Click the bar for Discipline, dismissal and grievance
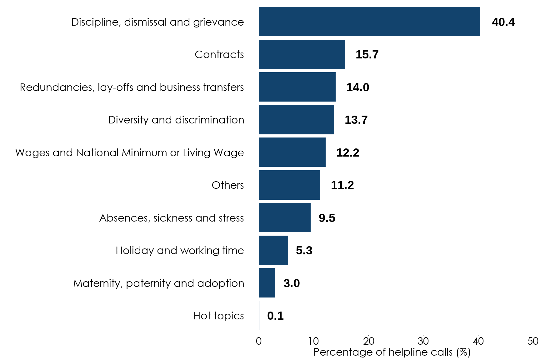point(369,22)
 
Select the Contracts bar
point(302,54)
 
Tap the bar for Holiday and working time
point(273,250)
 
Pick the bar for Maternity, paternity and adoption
point(267,283)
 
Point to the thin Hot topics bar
point(259,316)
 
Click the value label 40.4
point(503,22)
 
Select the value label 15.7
point(367,55)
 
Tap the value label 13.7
point(356,120)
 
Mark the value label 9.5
point(327,218)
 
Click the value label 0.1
point(275,316)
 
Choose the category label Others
point(227,185)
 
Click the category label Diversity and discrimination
point(176,120)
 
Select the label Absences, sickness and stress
point(171,218)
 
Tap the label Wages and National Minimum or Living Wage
point(129,152)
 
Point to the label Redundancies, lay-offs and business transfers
point(132,87)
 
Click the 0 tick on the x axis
point(259,341)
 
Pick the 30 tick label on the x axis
point(423,341)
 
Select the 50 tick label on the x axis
point(533,341)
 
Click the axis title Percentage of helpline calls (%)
point(392,352)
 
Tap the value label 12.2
point(347,152)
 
